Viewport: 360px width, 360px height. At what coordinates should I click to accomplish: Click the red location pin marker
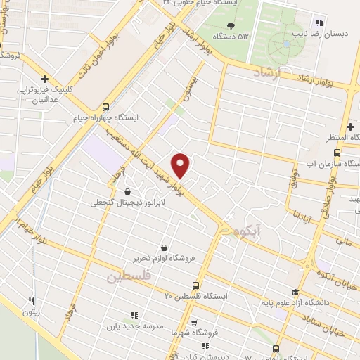click(x=181, y=165)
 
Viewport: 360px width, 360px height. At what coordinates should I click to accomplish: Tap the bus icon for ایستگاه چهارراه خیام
click(x=106, y=107)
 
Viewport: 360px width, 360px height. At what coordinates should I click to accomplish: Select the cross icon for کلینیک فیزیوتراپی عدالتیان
click(x=45, y=79)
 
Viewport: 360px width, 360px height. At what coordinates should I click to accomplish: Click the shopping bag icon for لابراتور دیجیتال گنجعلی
click(x=127, y=191)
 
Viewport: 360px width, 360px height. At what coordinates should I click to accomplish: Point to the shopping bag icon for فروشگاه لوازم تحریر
click(x=165, y=247)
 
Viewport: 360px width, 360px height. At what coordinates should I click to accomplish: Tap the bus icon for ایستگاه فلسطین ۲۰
click(x=195, y=286)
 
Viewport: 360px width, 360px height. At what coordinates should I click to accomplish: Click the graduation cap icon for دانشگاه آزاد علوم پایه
click(x=295, y=292)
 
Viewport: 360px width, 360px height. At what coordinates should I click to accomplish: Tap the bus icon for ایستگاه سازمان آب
click(x=337, y=153)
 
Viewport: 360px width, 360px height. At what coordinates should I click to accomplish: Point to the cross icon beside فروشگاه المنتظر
click(x=350, y=126)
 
